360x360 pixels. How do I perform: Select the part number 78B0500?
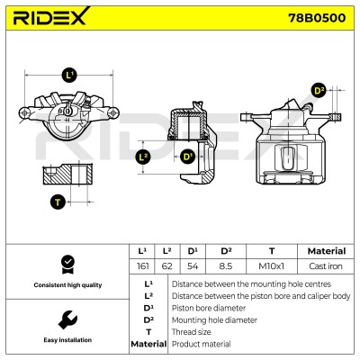click(317, 18)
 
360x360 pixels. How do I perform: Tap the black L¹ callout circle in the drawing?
click(69, 75)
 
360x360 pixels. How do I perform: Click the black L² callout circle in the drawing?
click(143, 157)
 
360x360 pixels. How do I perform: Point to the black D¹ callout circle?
click(188, 157)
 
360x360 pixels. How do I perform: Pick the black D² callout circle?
click(319, 90)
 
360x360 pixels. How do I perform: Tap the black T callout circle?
click(58, 202)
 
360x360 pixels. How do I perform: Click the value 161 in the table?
click(142, 266)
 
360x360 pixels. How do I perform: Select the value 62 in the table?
click(166, 266)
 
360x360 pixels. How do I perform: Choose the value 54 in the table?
click(193, 266)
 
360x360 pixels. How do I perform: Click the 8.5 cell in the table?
click(226, 266)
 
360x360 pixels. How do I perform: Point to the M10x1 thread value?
click(271, 266)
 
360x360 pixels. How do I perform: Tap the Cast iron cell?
click(326, 266)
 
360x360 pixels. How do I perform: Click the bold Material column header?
click(327, 251)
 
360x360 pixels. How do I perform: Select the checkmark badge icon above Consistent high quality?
click(67, 265)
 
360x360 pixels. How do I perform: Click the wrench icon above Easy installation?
click(67, 319)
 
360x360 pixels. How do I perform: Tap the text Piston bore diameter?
click(209, 308)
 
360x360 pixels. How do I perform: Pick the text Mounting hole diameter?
click(214, 320)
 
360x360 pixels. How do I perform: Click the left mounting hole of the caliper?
click(24, 113)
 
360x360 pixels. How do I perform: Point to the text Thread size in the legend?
click(191, 332)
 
